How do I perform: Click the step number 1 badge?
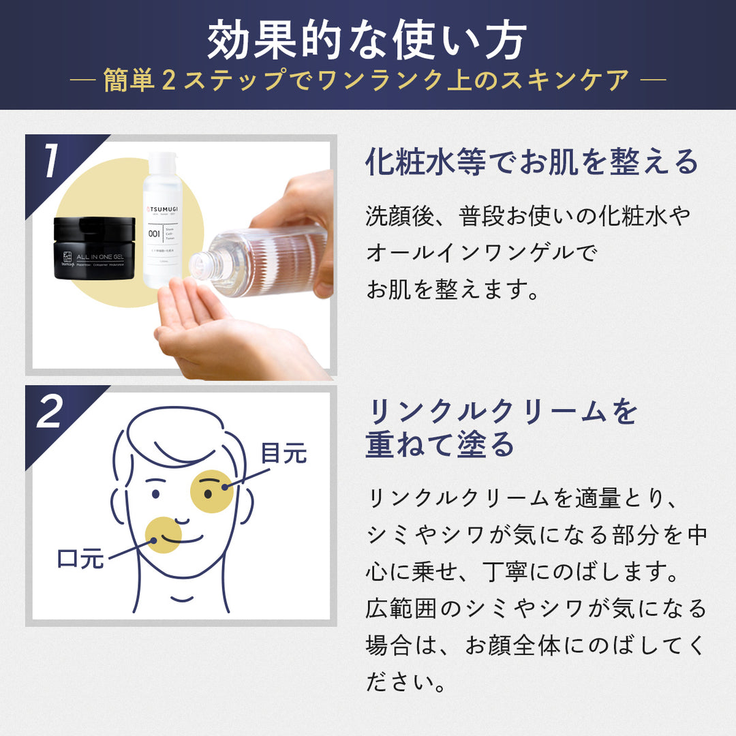tap(51, 162)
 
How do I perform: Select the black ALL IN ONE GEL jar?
tap(94, 248)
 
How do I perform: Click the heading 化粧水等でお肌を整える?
tap(532, 162)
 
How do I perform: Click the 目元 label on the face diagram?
tap(284, 453)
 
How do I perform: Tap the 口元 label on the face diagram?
tap(80, 559)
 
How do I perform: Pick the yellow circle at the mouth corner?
tap(164, 534)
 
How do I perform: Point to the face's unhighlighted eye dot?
tap(156, 493)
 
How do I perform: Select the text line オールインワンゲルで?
tap(480, 253)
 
